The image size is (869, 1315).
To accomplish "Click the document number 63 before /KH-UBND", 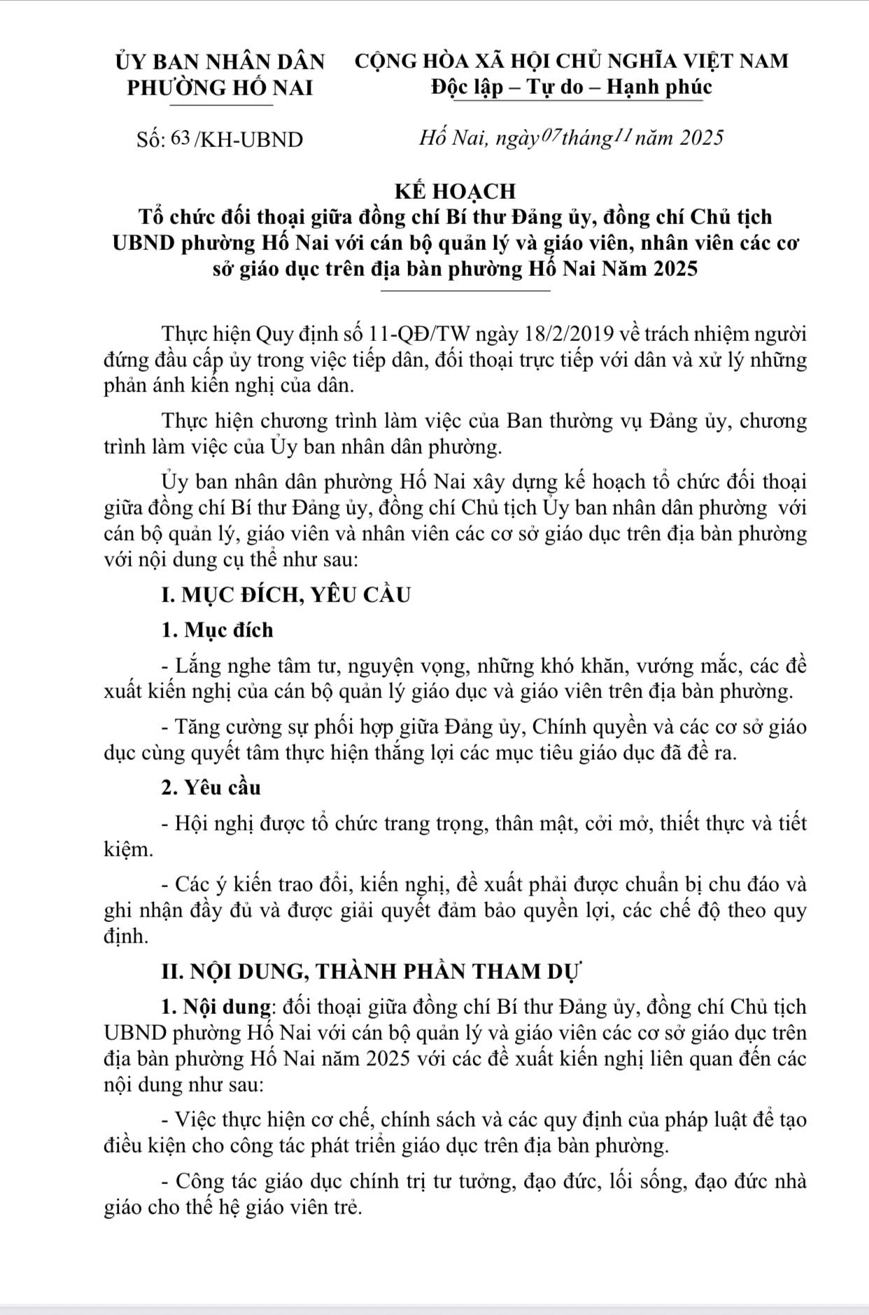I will coord(181,139).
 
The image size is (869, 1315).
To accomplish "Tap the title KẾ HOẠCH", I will coord(455,190).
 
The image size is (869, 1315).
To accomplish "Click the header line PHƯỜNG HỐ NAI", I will coord(220,88).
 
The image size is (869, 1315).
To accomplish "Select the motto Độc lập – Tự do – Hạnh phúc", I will coord(572,88).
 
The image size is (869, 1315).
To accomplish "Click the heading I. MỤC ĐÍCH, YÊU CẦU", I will coord(285,596).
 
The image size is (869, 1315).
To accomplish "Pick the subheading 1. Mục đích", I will coord(217,630).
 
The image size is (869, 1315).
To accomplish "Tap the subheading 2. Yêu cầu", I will coord(211,788).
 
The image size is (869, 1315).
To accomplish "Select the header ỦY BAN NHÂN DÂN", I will coord(220,62).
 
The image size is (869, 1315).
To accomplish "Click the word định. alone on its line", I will coord(126,936).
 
